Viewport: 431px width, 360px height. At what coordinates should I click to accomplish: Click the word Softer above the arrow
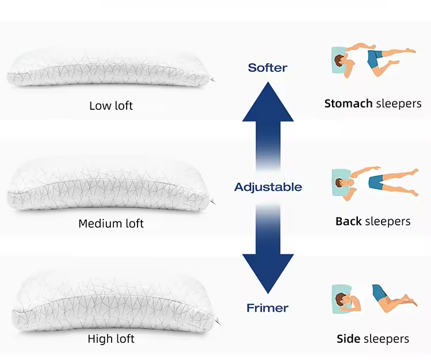pyautogui.click(x=268, y=68)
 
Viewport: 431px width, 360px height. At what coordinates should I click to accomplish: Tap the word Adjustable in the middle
pyautogui.click(x=268, y=187)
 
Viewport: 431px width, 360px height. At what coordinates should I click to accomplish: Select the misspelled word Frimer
pyautogui.click(x=268, y=308)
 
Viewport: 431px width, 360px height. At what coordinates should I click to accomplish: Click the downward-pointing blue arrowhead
pyautogui.click(x=268, y=273)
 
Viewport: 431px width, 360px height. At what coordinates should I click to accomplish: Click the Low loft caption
pyautogui.click(x=111, y=106)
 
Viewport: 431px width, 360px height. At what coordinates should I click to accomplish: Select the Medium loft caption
pyautogui.click(x=111, y=223)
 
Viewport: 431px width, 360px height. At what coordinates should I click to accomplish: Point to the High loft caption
pyautogui.click(x=111, y=339)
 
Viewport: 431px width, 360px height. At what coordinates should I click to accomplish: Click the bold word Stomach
pyautogui.click(x=348, y=104)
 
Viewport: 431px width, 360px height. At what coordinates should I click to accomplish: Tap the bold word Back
pyautogui.click(x=348, y=221)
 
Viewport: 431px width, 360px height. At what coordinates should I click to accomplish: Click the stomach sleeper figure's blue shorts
pyautogui.click(x=375, y=58)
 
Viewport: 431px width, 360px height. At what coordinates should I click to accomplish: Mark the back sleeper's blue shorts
pyautogui.click(x=376, y=182)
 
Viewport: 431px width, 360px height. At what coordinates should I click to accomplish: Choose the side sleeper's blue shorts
pyautogui.click(x=379, y=293)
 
